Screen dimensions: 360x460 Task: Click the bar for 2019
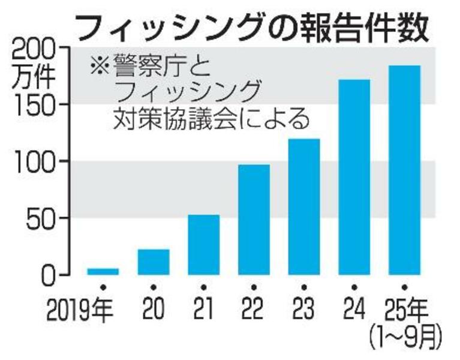coord(103,271)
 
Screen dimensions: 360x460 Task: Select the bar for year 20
coord(153,262)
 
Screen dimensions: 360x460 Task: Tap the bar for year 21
coord(203,244)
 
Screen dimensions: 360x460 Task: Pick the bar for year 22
coord(254,219)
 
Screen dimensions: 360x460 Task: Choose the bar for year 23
coord(304,206)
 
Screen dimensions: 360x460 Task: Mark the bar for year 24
coord(354,177)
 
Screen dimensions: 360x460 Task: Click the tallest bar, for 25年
coord(404,170)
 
